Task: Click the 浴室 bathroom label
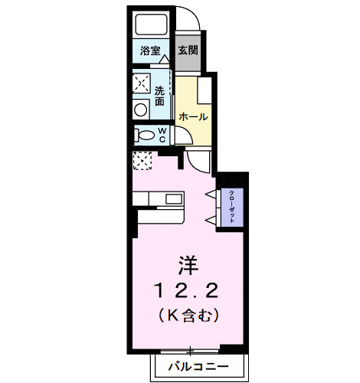pos(149,51)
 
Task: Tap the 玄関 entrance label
pos(187,51)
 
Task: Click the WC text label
pos(162,136)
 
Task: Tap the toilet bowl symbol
pos(143,136)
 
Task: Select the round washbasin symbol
pos(140,110)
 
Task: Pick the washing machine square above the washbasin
pos(142,83)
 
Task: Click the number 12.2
pos(189,291)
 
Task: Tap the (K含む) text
pos(189,313)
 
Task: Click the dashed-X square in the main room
pos(143,160)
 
